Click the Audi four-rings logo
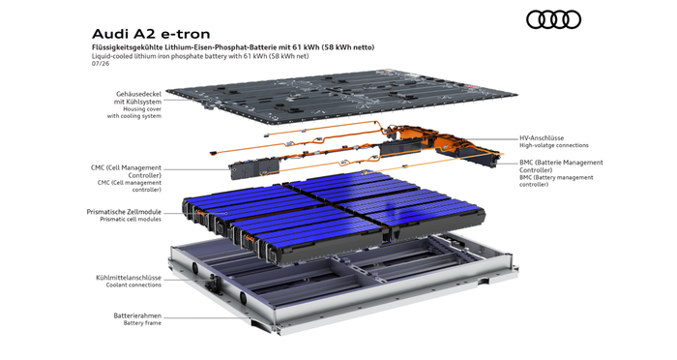(x=553, y=20)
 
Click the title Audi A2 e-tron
(x=151, y=34)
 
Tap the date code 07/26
(x=101, y=64)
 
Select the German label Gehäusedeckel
(x=138, y=94)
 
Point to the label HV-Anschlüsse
(x=542, y=138)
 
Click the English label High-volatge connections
(x=554, y=145)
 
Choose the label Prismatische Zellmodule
(x=124, y=212)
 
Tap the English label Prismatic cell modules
(x=131, y=219)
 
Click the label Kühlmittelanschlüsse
(x=129, y=278)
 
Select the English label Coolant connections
(x=133, y=285)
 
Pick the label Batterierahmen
(x=137, y=315)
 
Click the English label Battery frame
(x=142, y=323)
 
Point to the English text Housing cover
(x=142, y=109)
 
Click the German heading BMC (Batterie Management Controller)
(x=561, y=166)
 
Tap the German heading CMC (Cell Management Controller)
(x=126, y=171)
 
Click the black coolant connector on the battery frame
(x=214, y=285)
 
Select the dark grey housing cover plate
(x=342, y=96)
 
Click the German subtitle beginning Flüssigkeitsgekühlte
(x=233, y=47)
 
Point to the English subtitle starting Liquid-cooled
(x=200, y=56)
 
